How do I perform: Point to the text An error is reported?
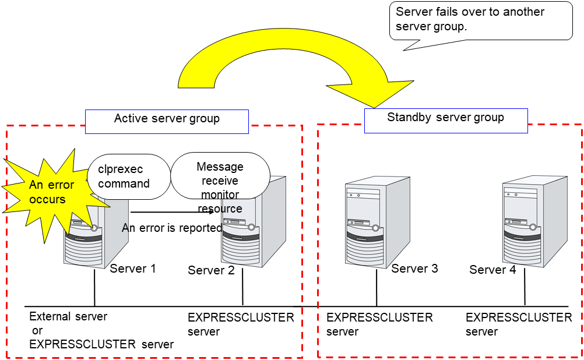(x=172, y=228)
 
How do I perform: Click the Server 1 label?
(x=133, y=269)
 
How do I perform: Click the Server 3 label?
(x=414, y=269)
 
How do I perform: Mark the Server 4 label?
(x=492, y=270)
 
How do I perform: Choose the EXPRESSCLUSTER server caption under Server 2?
(x=241, y=324)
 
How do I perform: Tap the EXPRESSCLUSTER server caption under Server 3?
(x=379, y=324)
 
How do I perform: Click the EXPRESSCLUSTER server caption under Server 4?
(x=519, y=324)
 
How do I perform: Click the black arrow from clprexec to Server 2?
(x=175, y=213)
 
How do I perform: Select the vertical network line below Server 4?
(x=525, y=288)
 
